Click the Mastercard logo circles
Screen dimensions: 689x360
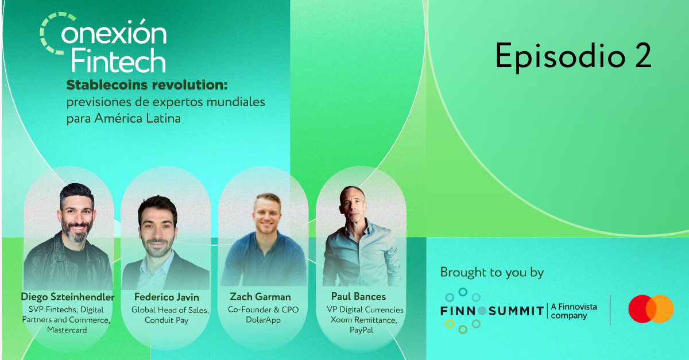coord(651,309)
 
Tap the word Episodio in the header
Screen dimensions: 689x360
coord(560,56)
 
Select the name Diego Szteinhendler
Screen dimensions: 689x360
coord(68,297)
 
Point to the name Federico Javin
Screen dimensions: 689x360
coord(167,297)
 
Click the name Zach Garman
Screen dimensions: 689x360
coord(260,297)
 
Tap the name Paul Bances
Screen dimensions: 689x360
coord(358,296)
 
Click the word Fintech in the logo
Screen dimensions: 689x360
coord(118,60)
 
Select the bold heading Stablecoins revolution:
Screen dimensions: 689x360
coord(147,85)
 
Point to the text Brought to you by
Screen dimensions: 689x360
coord(492,273)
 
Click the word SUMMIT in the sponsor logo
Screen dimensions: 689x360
coord(516,311)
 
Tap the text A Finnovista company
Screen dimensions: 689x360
coord(574,311)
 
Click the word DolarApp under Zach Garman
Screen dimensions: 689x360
coord(263,320)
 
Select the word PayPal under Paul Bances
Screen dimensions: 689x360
coord(361,330)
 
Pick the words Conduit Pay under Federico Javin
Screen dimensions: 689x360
coord(167,320)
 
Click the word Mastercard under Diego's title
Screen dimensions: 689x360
coord(67,330)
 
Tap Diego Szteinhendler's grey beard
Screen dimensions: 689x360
coord(76,233)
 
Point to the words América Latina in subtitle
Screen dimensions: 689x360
coord(137,118)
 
